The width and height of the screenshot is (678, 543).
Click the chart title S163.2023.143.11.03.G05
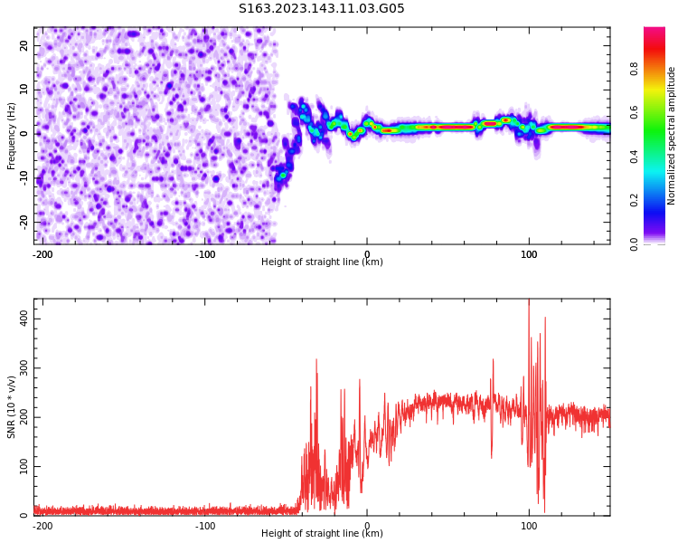tap(321, 9)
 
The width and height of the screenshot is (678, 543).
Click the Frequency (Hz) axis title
tap(12, 136)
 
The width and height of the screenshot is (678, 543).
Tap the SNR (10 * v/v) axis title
tap(12, 407)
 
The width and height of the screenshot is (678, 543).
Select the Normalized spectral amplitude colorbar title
tap(672, 136)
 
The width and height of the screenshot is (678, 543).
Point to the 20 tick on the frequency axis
tap(24, 45)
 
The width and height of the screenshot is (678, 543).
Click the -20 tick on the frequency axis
tap(23, 222)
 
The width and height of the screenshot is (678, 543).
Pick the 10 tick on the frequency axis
tap(24, 90)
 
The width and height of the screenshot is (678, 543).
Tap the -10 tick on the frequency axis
tap(23, 177)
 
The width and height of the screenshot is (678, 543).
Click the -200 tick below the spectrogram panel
tap(42, 253)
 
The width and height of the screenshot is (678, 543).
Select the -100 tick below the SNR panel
tap(205, 525)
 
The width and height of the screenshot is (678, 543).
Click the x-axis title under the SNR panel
tap(322, 534)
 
